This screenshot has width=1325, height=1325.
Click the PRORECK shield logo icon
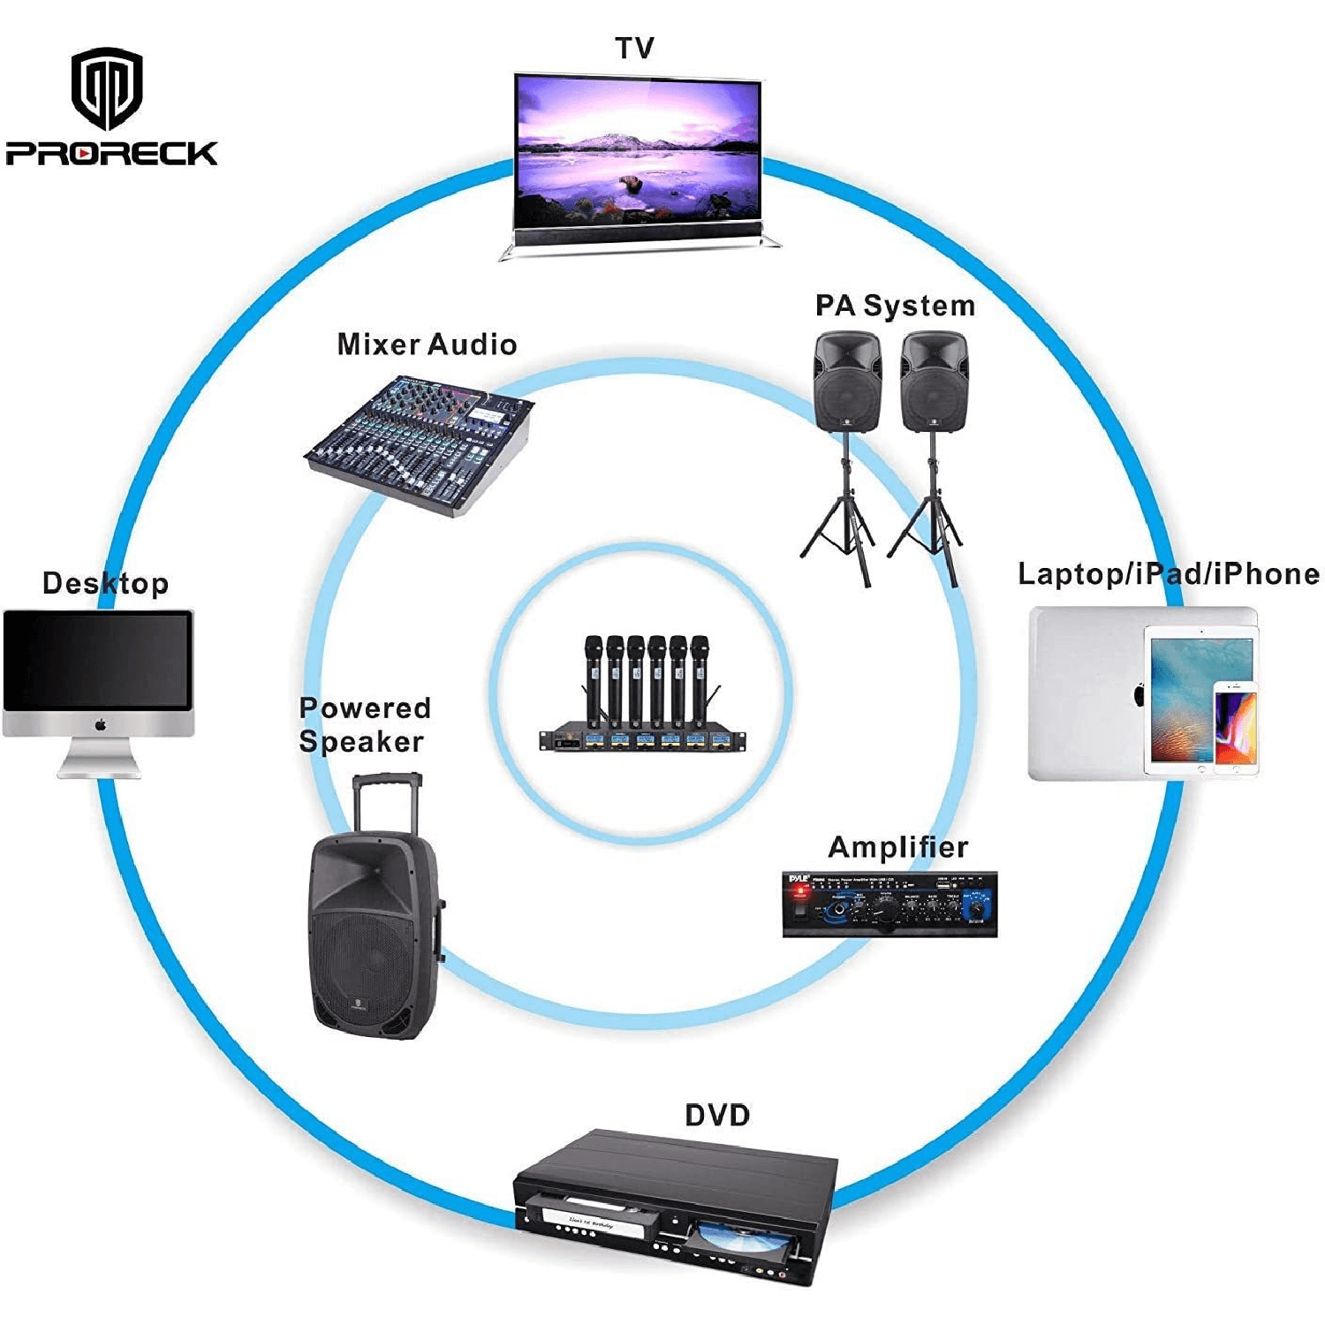(x=107, y=87)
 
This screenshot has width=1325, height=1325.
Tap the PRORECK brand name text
(x=111, y=153)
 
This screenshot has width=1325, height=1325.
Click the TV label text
(x=634, y=48)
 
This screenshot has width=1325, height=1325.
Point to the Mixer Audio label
(x=427, y=344)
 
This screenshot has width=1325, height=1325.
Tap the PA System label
(x=894, y=306)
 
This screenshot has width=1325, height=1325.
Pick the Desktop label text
(x=105, y=583)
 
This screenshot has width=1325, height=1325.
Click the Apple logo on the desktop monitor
(x=100, y=724)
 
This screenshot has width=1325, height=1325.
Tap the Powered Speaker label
(x=364, y=724)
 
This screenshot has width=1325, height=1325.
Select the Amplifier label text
(x=897, y=847)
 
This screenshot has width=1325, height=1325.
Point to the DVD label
(x=716, y=1115)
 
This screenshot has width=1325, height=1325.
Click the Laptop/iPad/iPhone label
(x=1168, y=574)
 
